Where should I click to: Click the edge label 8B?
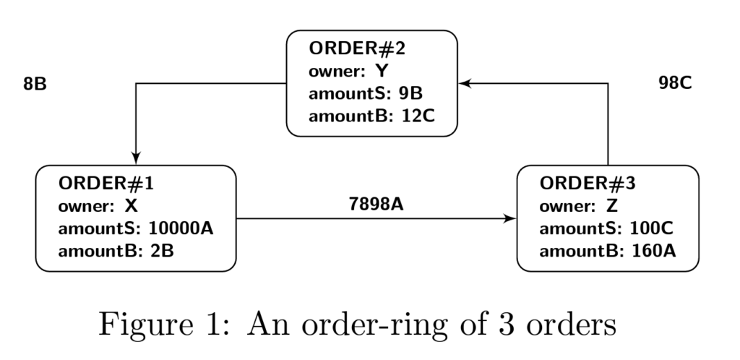coord(35,84)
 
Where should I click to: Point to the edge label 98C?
coord(675,83)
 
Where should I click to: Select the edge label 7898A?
coord(375,204)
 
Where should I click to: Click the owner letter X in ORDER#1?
coord(131,206)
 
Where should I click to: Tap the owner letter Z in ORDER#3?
coord(612,206)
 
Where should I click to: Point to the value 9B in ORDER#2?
coord(410,94)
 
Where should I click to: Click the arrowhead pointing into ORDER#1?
coord(136,160)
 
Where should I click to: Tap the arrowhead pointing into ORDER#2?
coord(465,83)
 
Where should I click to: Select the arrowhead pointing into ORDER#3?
coord(512,218)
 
